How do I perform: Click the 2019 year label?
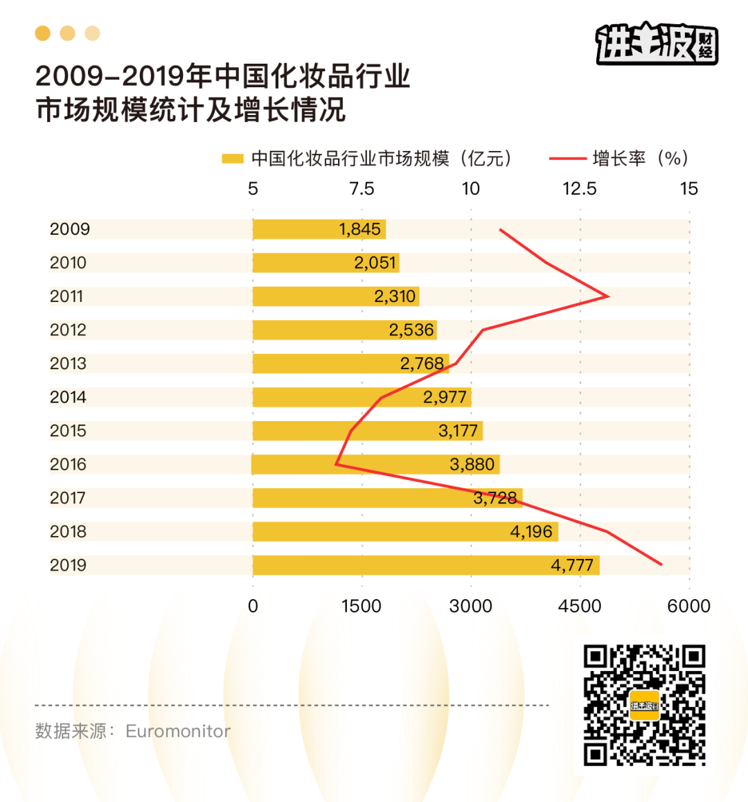coord(68,565)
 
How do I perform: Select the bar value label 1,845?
coord(359,229)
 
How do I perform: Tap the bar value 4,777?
coord(572,565)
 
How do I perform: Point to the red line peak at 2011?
coord(608,296)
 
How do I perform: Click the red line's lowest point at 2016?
coord(336,464)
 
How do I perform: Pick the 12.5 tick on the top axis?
coord(579,189)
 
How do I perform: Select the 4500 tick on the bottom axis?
coord(580,606)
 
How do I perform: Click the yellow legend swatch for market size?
coord(233,159)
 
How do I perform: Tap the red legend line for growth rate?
coord(567,159)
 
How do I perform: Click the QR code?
coord(644,705)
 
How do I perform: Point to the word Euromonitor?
coord(178,731)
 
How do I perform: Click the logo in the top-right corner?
coord(657,43)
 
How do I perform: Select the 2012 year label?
coord(68,330)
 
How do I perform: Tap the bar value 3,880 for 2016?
coord(472,464)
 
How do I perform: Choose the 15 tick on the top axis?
coord(688,189)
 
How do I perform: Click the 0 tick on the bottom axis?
coord(253,606)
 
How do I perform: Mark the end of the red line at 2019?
coord(661,564)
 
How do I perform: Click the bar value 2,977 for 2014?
coord(445,397)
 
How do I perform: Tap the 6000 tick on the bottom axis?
coord(688,606)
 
